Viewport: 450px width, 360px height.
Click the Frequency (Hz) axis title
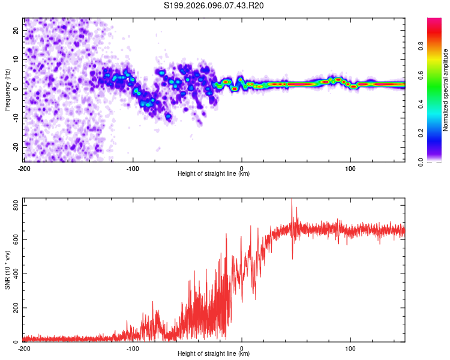[7, 90]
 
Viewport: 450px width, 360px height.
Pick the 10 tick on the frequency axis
[17, 59]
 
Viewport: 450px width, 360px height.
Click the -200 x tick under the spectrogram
[24, 167]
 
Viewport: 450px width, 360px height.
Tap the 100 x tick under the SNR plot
[350, 348]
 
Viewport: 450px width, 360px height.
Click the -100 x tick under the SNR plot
[133, 348]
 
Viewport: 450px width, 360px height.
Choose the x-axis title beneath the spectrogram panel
[214, 173]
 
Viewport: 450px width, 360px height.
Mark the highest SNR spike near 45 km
[292, 200]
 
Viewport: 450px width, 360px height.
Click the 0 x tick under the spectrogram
[242, 167]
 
